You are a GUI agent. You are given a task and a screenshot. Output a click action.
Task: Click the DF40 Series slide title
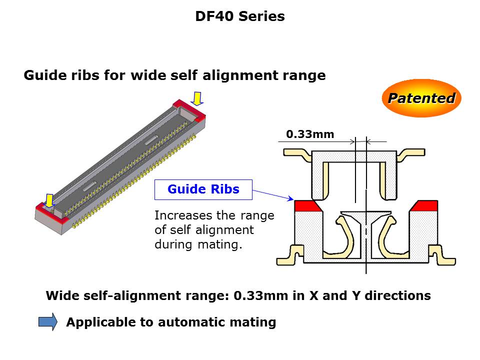(x=240, y=16)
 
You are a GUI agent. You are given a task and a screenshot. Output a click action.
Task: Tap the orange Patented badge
(x=421, y=98)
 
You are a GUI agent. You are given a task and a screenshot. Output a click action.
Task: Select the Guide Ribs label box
(x=203, y=189)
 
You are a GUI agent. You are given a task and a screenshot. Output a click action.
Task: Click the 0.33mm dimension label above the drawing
(x=310, y=134)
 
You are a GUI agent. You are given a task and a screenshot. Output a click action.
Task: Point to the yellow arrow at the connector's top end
(x=198, y=98)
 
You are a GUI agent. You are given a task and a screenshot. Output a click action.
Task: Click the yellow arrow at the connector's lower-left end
(x=49, y=200)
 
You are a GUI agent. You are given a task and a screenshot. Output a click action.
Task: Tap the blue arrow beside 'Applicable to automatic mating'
(x=48, y=322)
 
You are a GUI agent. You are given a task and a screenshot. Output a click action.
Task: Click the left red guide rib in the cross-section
(x=307, y=205)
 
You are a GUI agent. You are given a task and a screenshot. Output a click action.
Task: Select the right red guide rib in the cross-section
(x=424, y=205)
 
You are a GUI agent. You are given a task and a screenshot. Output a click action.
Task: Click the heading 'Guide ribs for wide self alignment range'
(x=174, y=75)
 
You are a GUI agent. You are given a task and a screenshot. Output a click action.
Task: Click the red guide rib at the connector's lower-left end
(x=46, y=210)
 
